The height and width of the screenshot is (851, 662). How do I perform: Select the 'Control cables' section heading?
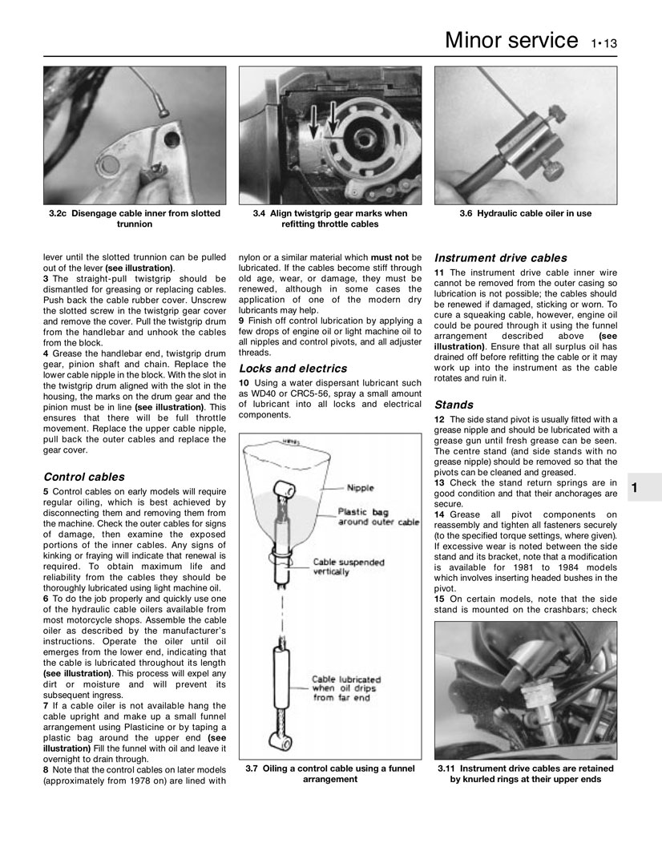(x=83, y=476)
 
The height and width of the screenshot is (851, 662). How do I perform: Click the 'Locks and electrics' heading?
(x=293, y=369)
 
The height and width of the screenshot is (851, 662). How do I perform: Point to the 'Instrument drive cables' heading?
(x=500, y=258)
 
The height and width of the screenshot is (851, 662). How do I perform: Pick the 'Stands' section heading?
(x=454, y=405)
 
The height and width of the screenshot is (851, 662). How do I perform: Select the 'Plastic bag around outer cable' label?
(x=377, y=517)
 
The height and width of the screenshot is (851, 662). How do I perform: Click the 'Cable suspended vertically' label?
(x=347, y=567)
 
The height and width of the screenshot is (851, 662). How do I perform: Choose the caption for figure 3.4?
(x=329, y=219)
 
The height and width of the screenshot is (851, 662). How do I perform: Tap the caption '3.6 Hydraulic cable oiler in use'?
(x=526, y=214)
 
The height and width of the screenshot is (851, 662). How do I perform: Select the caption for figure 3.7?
(x=329, y=773)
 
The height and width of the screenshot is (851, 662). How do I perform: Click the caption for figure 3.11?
(x=526, y=773)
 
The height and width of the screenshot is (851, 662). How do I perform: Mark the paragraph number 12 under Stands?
(x=438, y=420)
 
